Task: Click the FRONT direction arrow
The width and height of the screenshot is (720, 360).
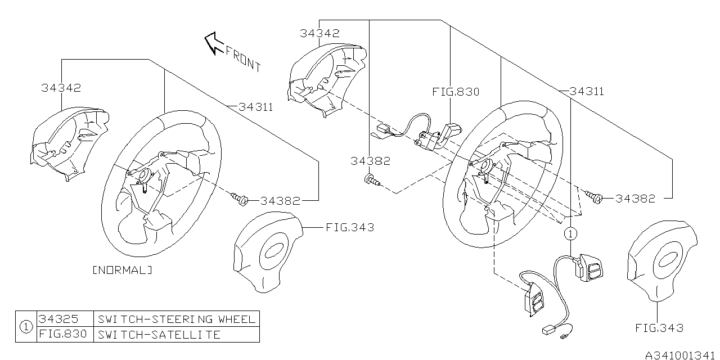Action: (x=214, y=43)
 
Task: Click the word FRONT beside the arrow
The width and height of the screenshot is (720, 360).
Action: (x=243, y=57)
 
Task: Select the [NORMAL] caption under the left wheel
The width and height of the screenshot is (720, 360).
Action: (x=122, y=271)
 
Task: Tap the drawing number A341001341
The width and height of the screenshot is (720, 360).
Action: (x=681, y=354)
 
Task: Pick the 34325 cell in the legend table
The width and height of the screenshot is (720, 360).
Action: (x=55, y=319)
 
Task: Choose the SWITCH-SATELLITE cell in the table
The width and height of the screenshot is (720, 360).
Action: (x=159, y=335)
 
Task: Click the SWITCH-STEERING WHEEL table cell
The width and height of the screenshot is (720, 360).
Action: (x=176, y=319)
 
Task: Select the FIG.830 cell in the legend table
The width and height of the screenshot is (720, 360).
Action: (x=62, y=335)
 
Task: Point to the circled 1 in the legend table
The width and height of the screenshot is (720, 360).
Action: (x=26, y=327)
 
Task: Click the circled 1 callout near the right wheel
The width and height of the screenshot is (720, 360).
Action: (x=570, y=232)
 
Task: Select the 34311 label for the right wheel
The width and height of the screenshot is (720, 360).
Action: (x=587, y=91)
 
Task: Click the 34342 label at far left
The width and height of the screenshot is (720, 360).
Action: (x=61, y=88)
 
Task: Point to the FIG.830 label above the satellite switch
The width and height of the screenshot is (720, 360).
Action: (x=456, y=92)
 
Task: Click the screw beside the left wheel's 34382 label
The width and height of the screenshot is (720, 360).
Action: (x=240, y=198)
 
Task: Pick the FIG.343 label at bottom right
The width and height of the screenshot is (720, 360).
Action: (x=659, y=328)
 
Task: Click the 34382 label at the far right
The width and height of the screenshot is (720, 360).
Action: (x=635, y=199)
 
